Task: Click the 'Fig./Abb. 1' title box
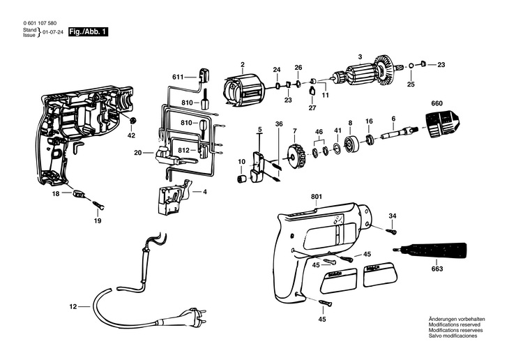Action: point(88,32)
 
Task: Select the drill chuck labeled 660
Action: point(439,125)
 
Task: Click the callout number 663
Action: point(436,268)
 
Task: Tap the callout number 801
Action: point(317,197)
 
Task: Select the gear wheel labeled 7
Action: point(296,155)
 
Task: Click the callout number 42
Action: point(131,135)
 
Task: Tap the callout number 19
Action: point(97,220)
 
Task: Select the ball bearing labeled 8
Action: point(350,145)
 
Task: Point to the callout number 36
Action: point(278,124)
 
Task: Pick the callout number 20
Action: point(138,152)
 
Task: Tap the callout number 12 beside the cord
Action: point(73,306)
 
